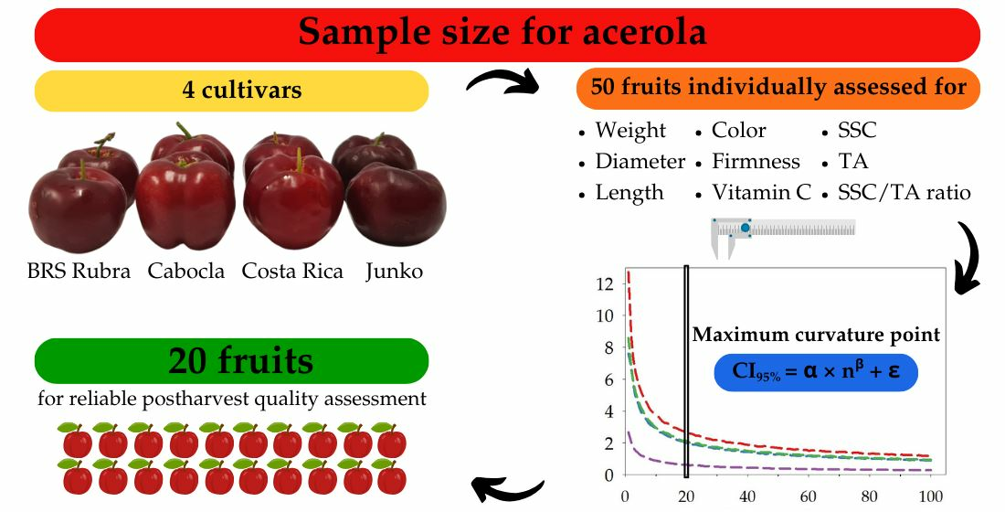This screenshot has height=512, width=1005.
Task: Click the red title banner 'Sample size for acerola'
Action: pos(507,35)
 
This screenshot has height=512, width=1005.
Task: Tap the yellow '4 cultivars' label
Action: pos(231,90)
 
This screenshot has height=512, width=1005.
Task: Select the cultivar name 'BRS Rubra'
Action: pos(79,271)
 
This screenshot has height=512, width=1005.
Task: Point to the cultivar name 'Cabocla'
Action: pos(185,271)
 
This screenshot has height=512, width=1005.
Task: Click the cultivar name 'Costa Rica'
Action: pos(292,271)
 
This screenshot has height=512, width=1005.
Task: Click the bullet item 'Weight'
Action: pos(630,131)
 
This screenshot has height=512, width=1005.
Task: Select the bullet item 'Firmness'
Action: pos(756,161)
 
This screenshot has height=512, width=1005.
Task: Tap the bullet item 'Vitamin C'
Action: pos(761,192)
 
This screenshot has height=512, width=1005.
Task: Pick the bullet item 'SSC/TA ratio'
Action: pos(904,192)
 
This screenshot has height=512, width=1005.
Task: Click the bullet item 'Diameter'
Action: pos(640,161)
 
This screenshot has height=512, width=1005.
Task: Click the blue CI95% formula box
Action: pos(816,372)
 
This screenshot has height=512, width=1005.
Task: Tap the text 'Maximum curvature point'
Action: pos(816,335)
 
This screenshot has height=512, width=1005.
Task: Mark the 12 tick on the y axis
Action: pos(605,283)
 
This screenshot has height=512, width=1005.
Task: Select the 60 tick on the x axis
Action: pos(809,496)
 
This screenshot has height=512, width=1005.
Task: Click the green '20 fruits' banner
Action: pos(231,360)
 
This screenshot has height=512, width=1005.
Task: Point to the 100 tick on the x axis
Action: pos(931,496)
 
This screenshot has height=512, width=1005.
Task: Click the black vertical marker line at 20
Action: pos(686,371)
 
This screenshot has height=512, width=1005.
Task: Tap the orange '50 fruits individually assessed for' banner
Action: pos(778,88)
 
